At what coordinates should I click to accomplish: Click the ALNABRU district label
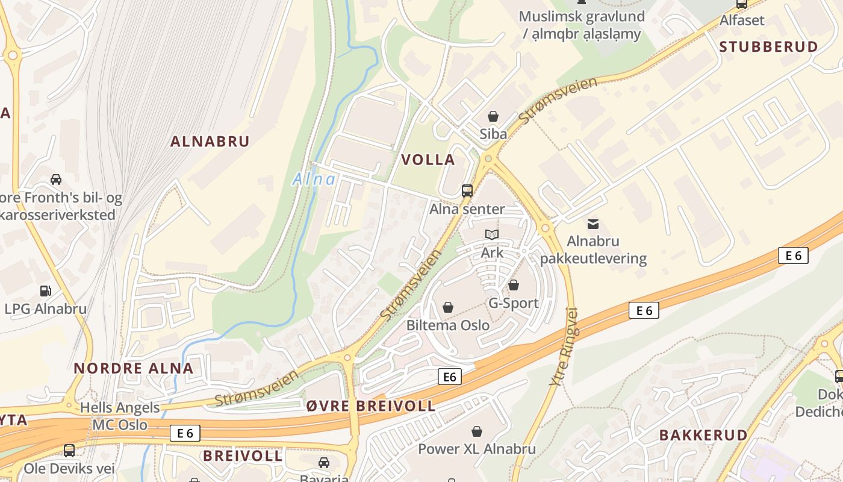210,142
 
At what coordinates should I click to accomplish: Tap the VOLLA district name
428,160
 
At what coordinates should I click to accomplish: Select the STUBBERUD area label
768,47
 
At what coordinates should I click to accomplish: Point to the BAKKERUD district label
703,435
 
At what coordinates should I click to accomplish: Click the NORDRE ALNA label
133,369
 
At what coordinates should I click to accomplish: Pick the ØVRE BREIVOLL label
370,406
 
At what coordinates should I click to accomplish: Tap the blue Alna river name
314,179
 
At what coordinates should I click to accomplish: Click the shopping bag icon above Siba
493,116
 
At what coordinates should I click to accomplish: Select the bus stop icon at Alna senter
467,191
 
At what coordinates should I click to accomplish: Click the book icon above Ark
492,235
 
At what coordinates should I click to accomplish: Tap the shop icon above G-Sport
514,285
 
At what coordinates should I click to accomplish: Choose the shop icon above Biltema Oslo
448,307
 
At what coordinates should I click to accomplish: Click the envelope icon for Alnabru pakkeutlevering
593,224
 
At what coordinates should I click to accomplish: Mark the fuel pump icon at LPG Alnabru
46,291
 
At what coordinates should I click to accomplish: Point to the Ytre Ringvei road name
564,347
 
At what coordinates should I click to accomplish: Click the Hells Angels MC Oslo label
120,416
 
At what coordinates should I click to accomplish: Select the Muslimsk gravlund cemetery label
581,25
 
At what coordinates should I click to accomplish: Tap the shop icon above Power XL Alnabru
477,431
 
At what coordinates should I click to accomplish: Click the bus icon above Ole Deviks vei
69,451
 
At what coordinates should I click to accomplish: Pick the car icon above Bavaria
324,462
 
